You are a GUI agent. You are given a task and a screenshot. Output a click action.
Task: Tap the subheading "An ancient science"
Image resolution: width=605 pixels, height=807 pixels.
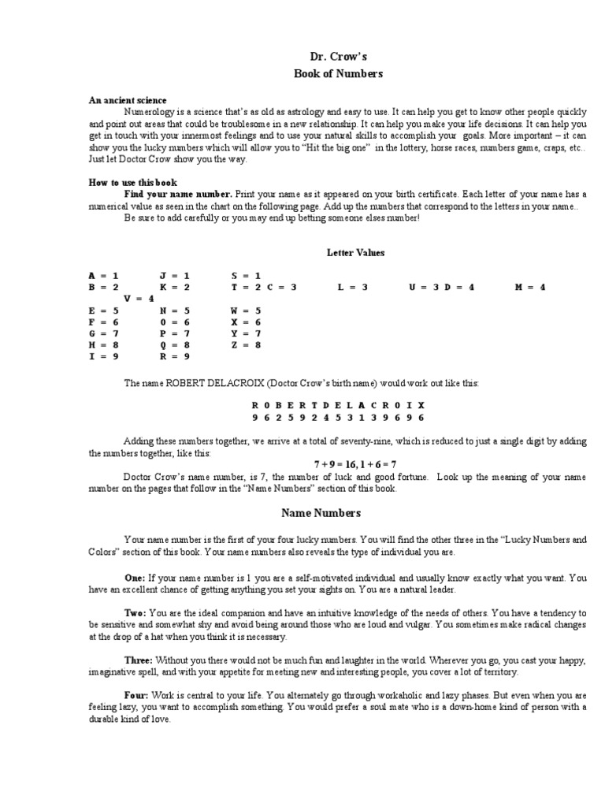tap(127, 101)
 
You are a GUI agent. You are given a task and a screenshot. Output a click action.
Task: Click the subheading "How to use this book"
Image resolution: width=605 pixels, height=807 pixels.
tap(132, 182)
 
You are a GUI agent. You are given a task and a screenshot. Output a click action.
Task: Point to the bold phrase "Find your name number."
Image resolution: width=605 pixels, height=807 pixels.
tap(178, 194)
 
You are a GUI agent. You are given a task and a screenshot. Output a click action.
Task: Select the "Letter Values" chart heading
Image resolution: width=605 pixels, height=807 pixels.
tap(356, 253)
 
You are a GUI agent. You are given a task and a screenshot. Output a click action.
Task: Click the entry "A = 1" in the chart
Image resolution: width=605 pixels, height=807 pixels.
tap(103, 276)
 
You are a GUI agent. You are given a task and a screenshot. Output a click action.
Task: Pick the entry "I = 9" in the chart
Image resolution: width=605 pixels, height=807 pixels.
tap(103, 356)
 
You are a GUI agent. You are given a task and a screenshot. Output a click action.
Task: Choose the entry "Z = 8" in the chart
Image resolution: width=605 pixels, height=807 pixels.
tap(246, 344)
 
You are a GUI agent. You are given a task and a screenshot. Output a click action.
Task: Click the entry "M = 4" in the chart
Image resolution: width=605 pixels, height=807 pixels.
tap(529, 288)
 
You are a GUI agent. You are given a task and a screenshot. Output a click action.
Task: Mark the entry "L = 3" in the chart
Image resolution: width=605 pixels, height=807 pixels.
tap(353, 288)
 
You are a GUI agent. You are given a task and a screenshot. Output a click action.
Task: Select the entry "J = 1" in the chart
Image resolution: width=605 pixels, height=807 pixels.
tap(174, 276)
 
